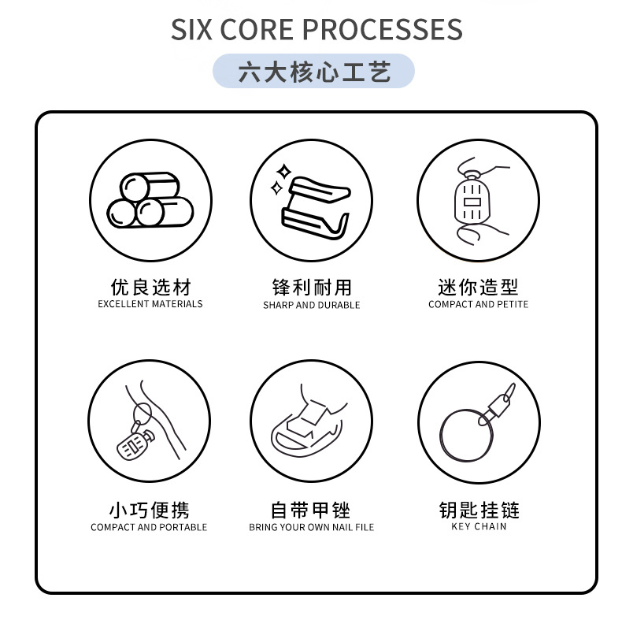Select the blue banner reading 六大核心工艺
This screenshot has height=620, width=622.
pos(313,72)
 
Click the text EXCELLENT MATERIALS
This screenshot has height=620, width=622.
pos(150,304)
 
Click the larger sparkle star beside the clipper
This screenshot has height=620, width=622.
pos(283,171)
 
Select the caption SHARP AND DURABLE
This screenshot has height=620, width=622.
pos(312,305)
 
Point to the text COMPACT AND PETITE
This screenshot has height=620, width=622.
pos(478,304)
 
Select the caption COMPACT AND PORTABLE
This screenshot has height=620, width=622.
pos(149,527)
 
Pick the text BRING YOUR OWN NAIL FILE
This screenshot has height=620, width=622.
pos(312,527)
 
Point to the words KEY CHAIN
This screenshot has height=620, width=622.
pos(479,526)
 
